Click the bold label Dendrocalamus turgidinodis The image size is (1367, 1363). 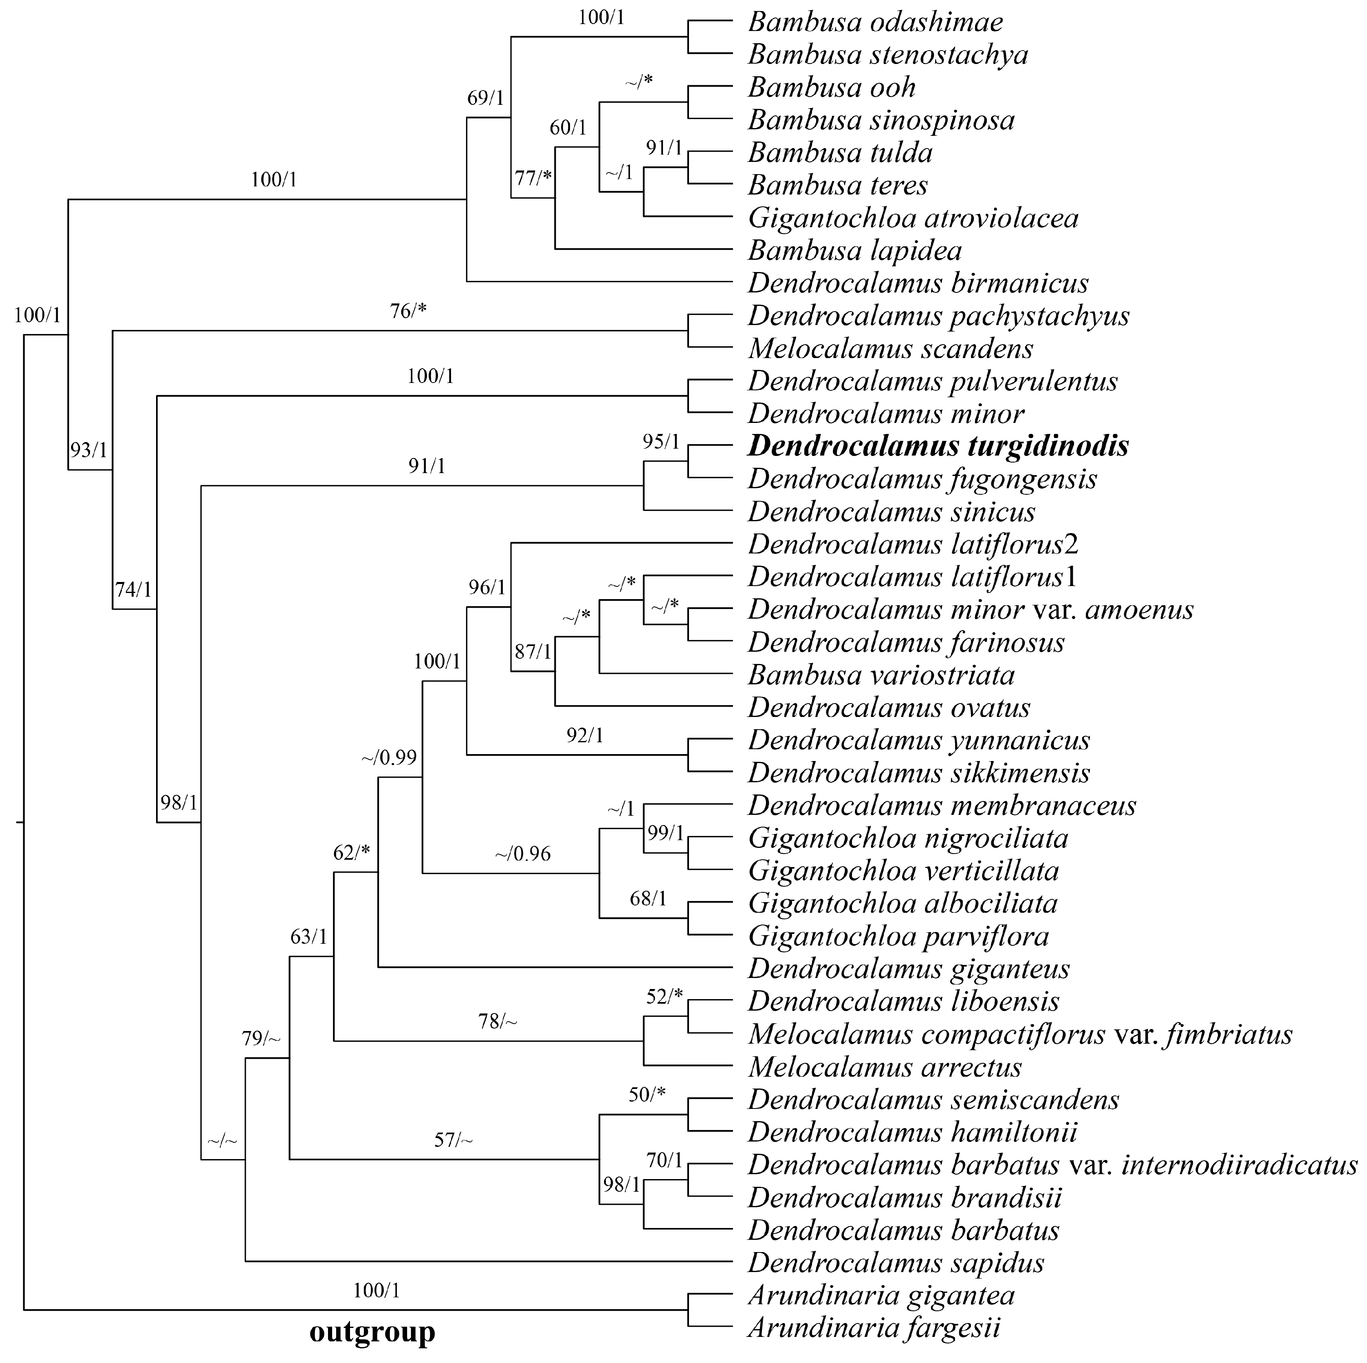click(x=938, y=446)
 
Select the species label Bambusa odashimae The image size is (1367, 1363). click(x=875, y=22)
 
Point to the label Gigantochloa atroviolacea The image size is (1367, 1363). click(x=913, y=218)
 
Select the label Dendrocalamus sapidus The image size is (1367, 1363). click(x=896, y=1262)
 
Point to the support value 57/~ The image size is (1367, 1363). click(x=453, y=1140)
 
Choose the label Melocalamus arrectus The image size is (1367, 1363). click(x=885, y=1067)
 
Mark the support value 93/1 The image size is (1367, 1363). click(x=88, y=449)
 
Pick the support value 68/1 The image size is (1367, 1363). click(x=648, y=899)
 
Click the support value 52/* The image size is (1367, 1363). click(x=665, y=997)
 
